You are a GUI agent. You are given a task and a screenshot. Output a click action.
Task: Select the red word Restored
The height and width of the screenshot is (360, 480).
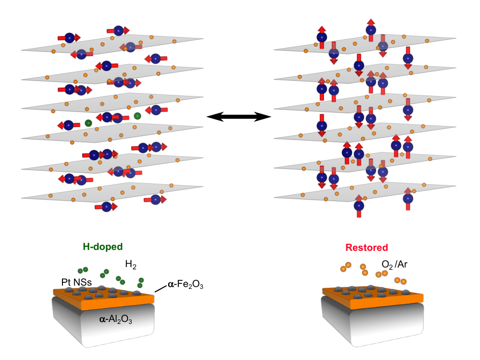[366, 248]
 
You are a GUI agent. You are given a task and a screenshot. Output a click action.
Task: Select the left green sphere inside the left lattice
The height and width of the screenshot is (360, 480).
[88, 123]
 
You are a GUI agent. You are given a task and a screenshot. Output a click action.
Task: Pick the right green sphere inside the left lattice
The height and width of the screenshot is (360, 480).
[137, 116]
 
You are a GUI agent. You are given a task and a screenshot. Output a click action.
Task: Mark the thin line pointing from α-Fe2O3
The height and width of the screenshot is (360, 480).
[161, 288]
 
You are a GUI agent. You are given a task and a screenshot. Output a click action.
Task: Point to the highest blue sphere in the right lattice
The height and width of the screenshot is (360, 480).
[371, 30]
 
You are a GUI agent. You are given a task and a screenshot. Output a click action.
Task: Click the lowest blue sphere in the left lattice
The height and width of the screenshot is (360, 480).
[106, 206]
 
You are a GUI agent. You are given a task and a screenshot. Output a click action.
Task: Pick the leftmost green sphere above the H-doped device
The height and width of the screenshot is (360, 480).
[80, 271]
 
